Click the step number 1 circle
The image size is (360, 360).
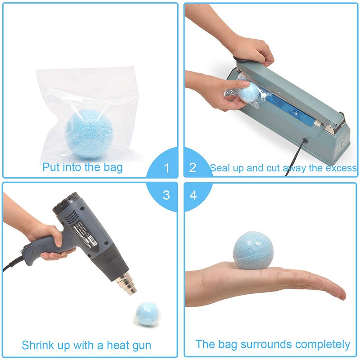[167, 168]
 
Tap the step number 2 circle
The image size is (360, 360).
[193, 168]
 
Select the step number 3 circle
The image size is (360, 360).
[167, 195]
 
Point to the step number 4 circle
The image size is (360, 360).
[193, 195]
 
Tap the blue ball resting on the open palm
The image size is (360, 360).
[253, 251]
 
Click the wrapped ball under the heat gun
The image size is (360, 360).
[147, 313]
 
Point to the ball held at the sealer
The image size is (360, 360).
[249, 92]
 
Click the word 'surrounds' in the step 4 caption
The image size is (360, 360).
[261, 345]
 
